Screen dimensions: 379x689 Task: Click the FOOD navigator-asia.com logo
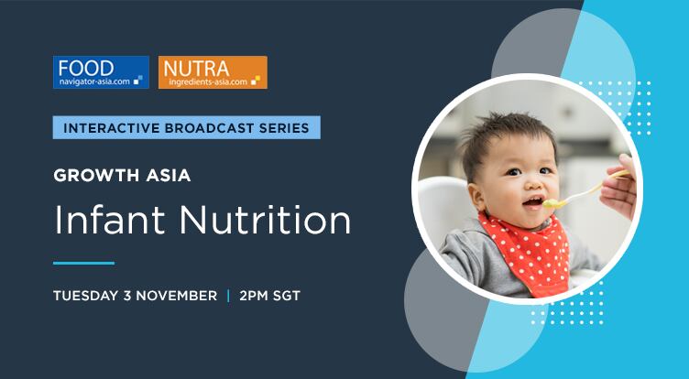coord(101,72)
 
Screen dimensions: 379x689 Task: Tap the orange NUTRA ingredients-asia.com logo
coord(213,72)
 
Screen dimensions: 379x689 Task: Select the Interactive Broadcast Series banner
coord(187,127)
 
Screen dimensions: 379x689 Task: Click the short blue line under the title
coord(83,263)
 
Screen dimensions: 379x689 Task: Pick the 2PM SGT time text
coord(269,296)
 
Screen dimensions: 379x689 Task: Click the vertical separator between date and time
coord(228,296)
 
